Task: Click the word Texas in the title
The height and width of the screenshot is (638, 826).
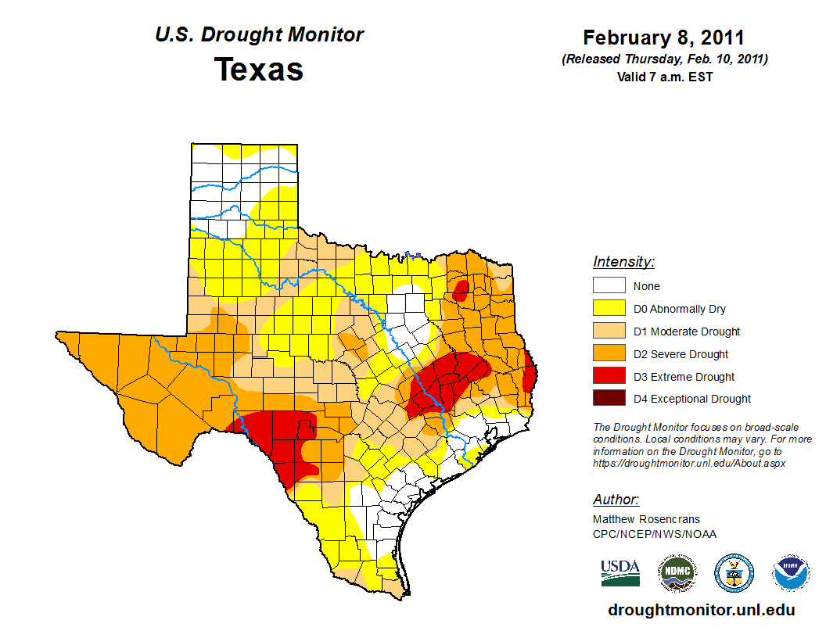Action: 259,70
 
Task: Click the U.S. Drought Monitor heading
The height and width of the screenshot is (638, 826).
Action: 259,35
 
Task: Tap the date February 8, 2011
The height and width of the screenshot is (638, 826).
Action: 664,38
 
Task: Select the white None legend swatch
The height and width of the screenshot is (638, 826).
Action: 609,285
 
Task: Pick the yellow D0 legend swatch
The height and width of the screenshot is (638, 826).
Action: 609,308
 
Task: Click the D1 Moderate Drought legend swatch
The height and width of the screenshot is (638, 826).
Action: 609,331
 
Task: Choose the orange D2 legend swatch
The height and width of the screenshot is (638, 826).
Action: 609,353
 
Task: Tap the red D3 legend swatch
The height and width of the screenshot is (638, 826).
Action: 609,376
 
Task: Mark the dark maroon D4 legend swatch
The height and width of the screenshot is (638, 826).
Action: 609,398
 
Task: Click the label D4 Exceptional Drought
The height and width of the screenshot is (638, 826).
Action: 692,399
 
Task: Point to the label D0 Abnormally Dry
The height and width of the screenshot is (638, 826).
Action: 680,309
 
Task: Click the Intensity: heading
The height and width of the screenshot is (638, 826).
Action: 623,262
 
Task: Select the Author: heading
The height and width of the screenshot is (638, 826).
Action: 616,500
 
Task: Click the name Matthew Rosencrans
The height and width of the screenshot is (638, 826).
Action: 646,519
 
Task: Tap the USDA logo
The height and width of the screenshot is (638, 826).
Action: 620,573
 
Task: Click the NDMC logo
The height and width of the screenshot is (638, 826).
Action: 677,573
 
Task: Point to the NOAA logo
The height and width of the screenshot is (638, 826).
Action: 791,573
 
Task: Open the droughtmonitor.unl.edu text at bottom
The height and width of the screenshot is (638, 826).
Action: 702,611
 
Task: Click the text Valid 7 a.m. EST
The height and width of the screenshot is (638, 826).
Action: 664,76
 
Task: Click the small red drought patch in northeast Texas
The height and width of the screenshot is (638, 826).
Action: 461,291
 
